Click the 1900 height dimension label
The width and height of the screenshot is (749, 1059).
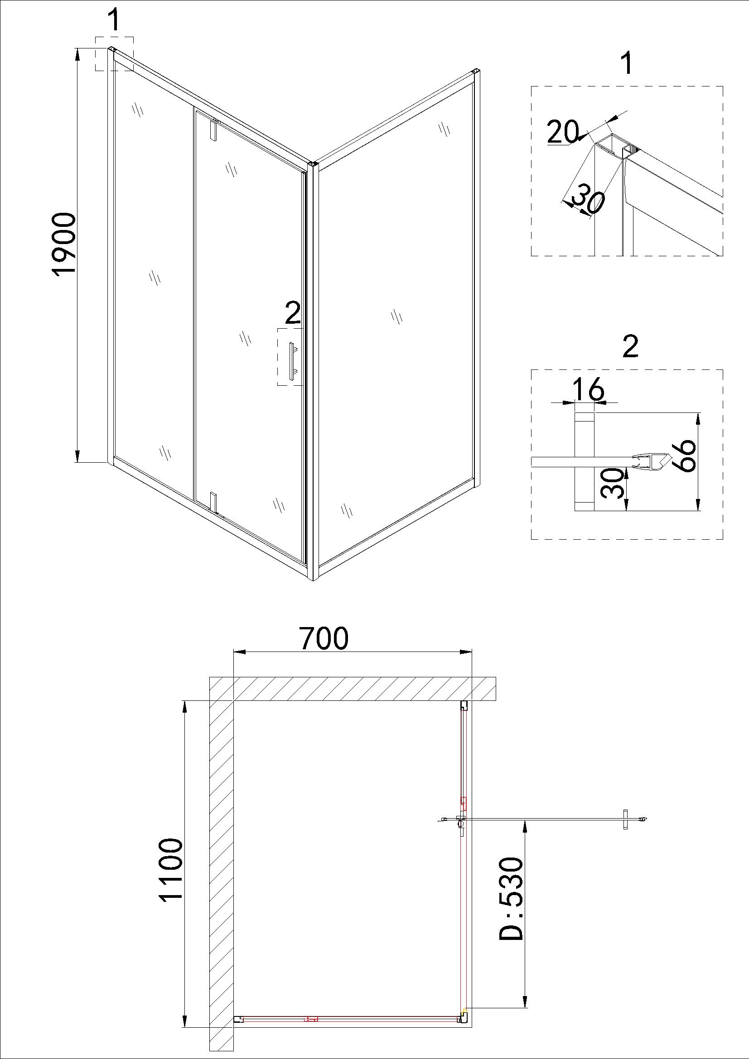(x=63, y=244)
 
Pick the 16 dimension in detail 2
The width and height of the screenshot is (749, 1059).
(x=588, y=388)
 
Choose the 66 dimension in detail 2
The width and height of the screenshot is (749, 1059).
(x=683, y=455)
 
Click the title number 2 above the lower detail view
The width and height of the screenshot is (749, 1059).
(x=630, y=347)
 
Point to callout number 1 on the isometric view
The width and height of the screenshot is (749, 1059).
(x=114, y=20)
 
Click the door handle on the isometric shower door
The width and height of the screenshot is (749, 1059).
(x=292, y=361)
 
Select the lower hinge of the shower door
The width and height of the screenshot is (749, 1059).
(x=213, y=501)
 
